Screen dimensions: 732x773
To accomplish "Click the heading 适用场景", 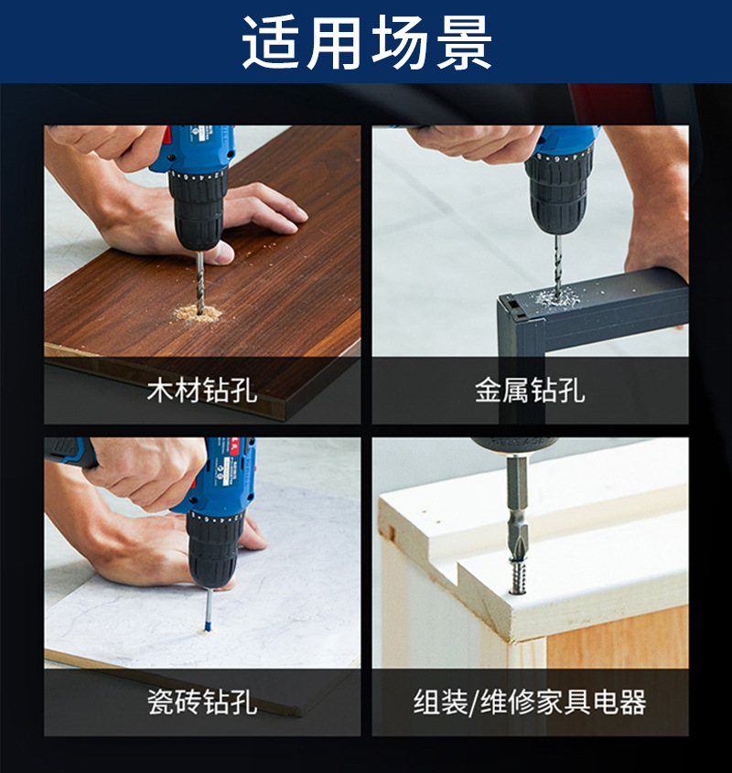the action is [x=367, y=42].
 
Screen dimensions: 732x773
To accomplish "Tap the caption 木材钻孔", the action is [x=202, y=390].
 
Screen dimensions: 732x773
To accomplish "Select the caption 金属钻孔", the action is [x=530, y=390].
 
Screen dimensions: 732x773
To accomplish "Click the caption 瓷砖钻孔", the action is [x=202, y=702].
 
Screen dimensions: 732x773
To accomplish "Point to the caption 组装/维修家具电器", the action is [x=530, y=702].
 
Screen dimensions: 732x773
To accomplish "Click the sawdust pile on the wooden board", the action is [x=197, y=314].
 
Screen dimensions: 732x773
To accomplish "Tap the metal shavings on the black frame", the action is [x=554, y=298].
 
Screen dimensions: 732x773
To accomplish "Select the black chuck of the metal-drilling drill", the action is [x=558, y=193].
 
